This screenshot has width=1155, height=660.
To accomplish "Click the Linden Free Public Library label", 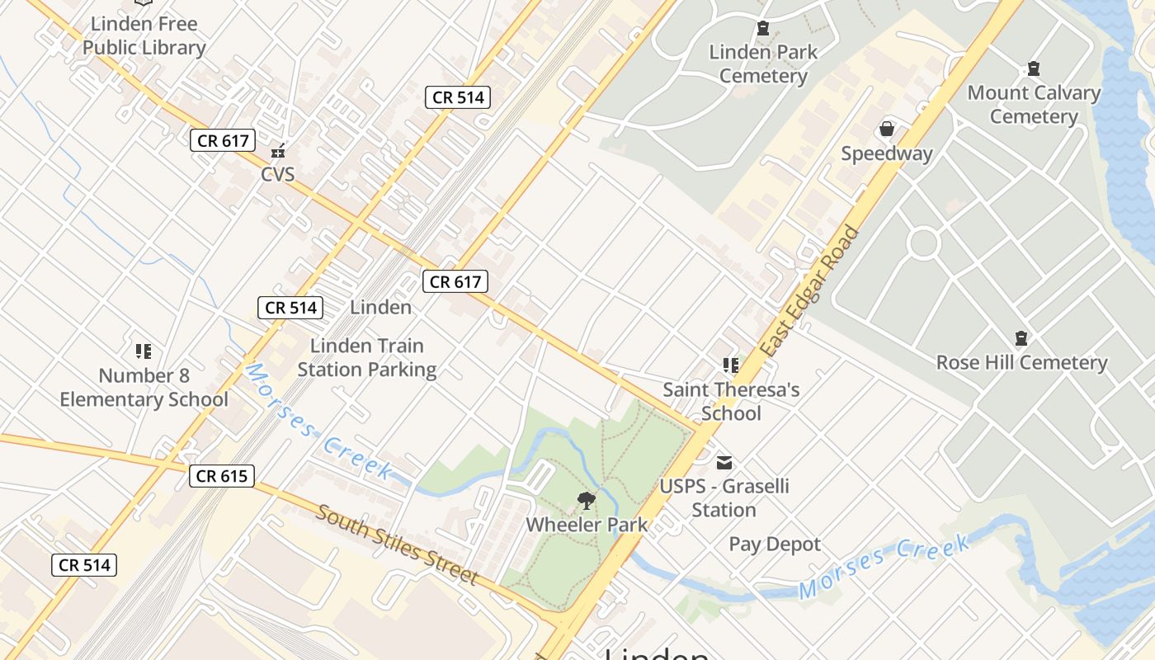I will pos(144,35).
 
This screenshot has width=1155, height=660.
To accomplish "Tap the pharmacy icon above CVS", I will pos(278,151).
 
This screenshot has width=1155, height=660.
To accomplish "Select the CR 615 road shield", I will pos(222,476).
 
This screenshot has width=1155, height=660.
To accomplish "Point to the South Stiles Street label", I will pos(398,544).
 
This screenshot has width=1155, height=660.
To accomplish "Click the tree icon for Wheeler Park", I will pos(587,500).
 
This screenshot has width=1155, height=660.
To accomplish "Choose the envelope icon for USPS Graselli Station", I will pos(724,463).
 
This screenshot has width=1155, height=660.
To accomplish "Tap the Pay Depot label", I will pos(775,544).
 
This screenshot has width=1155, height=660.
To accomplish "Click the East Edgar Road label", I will pos(809,291).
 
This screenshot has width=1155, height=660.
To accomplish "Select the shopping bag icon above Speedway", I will pos(887,129).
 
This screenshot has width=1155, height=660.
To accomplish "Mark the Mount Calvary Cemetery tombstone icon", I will pos(1033,68).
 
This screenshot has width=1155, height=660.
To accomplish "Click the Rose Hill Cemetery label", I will pos(1021,362).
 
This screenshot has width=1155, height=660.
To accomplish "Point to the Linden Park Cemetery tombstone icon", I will pos(763,29).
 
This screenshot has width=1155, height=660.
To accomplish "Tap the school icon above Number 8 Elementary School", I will pos(144,351).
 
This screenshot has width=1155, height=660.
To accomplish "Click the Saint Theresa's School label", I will pos(731,401).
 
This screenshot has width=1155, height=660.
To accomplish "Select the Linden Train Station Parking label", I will pos(367,357).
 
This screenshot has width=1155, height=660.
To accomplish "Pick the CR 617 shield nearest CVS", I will pos(224,140).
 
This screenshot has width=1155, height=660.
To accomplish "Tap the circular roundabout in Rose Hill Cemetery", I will pos(922,243).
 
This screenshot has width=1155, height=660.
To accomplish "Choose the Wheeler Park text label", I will pos(587,524).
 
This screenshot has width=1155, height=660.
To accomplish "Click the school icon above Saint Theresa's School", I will pos(730,364).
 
